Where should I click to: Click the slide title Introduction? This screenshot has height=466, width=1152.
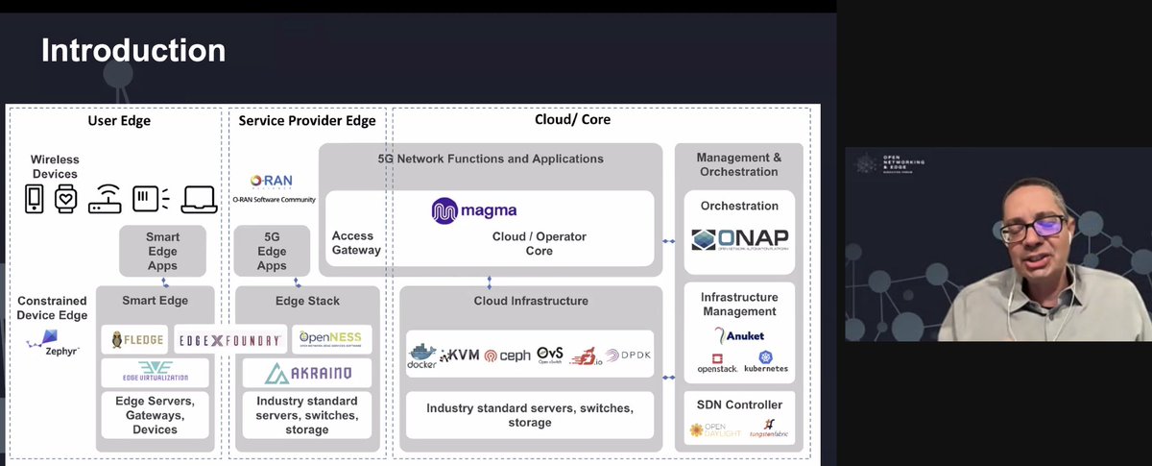[x=133, y=50]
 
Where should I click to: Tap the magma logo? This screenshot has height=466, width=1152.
[x=474, y=210]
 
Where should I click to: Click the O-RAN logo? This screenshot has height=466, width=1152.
[x=271, y=180]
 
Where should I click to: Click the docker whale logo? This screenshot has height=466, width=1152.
[x=421, y=355]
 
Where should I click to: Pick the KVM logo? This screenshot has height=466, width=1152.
[x=458, y=357]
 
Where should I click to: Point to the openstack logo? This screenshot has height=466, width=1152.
[x=716, y=363]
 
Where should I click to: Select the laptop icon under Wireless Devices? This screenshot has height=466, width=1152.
[x=200, y=199]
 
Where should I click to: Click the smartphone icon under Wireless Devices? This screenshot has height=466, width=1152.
[x=34, y=199]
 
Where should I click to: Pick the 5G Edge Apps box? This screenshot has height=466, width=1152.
[x=272, y=251]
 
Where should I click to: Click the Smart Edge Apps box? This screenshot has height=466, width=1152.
[x=162, y=251]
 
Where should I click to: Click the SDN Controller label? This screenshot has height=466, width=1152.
[x=739, y=405]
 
